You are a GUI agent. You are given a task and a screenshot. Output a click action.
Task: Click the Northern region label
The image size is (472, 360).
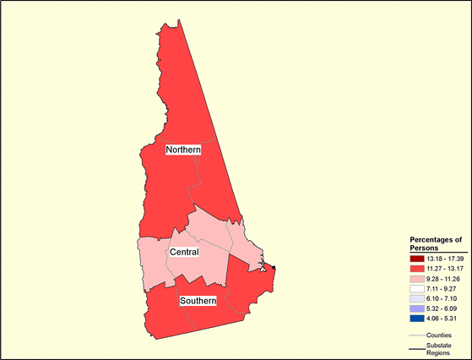pyautogui.click(x=183, y=150)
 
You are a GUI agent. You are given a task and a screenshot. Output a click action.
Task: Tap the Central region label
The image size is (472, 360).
pyautogui.click(x=184, y=253)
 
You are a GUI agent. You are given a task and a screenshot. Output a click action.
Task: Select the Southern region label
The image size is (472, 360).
pyautogui.click(x=198, y=301)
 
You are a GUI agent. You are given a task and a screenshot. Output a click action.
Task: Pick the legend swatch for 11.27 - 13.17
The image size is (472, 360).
pyautogui.click(x=418, y=266)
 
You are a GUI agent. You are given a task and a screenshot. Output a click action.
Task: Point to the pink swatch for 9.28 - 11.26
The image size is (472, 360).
pyautogui.click(x=418, y=277)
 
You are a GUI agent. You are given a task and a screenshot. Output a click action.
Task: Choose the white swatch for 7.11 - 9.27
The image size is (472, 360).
pyautogui.click(x=418, y=287)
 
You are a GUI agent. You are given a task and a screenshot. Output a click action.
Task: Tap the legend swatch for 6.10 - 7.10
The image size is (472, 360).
pyautogui.click(x=418, y=298)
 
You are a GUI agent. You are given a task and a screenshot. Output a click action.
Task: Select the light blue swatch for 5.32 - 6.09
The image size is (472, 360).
pyautogui.click(x=418, y=308)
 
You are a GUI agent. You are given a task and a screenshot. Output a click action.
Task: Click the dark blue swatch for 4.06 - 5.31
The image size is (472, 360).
pyautogui.click(x=418, y=319)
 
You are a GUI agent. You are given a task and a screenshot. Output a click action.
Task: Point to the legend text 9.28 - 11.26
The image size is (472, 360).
pyautogui.click(x=445, y=277)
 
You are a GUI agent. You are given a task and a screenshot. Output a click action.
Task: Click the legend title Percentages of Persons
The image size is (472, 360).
pyautogui.click(x=435, y=243)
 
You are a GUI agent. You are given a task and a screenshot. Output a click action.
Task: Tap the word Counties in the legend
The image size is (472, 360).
pyautogui.click(x=440, y=335)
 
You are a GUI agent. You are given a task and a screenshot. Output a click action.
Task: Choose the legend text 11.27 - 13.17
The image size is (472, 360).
pyautogui.click(x=445, y=266)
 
